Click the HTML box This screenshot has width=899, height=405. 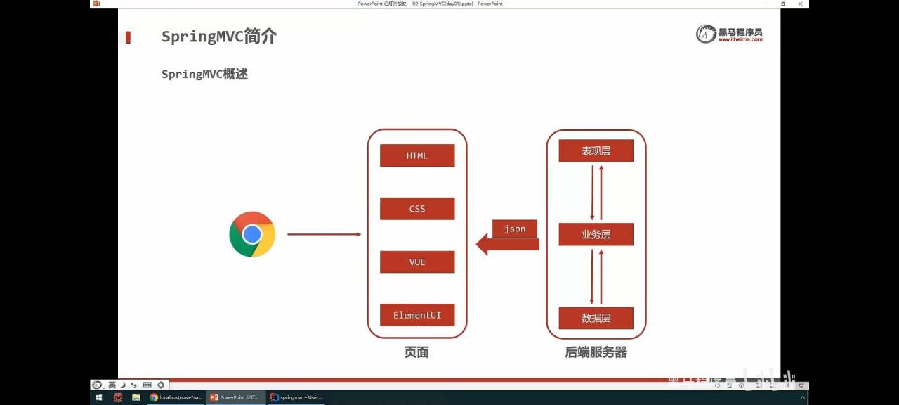417,155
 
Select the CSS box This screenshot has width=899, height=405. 417,209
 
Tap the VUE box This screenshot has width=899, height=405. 417,262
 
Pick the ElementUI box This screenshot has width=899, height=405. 417,315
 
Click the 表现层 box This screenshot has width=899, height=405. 596,150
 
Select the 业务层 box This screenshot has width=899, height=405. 596,234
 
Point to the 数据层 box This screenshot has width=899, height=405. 596,318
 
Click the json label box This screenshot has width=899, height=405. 515,229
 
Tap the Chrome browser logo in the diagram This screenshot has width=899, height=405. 252,234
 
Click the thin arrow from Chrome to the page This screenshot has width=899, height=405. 324,234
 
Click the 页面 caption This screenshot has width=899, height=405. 416,352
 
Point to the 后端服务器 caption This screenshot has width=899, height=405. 596,352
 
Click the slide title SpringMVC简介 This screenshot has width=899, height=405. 219,37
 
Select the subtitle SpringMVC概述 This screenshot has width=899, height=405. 204,74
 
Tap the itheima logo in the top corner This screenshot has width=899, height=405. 729,34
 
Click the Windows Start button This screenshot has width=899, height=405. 99,397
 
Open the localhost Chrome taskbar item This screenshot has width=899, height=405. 176,397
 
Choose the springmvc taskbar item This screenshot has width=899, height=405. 296,397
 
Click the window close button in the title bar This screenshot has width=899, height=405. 801,4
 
